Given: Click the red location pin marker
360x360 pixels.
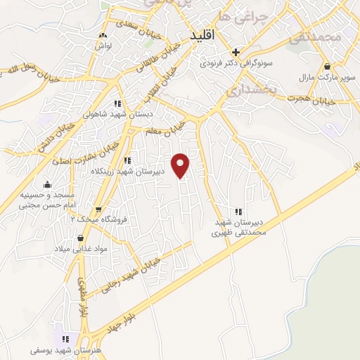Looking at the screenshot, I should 181,165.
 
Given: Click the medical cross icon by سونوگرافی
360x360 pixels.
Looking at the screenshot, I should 236,51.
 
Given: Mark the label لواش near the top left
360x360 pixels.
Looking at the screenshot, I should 103,45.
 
